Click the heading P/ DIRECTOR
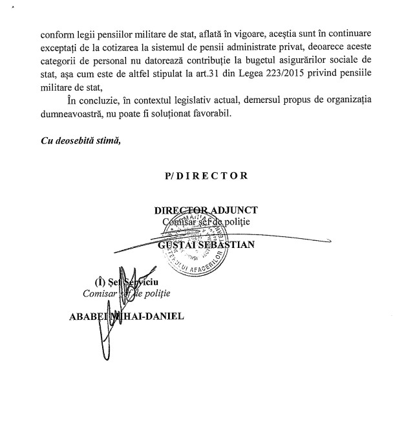pos(206,175)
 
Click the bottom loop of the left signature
pos(102,353)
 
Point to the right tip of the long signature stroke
pos(330,240)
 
